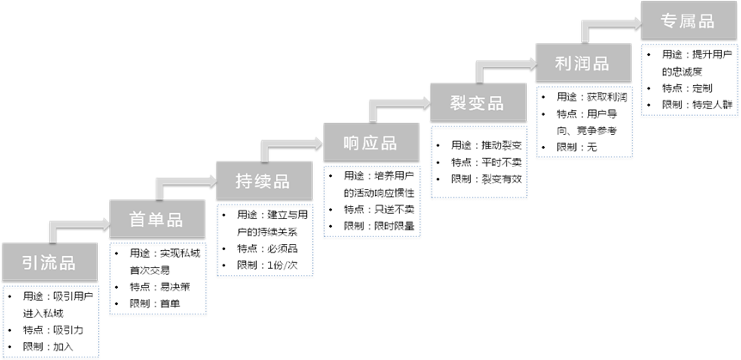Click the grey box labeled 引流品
[x=49, y=262]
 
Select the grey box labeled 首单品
[x=156, y=219]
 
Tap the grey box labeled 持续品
[x=263, y=180]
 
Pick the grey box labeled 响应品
[x=370, y=142]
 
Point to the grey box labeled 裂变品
[x=477, y=102]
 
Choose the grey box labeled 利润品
[x=583, y=63]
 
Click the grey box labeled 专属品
[x=689, y=21]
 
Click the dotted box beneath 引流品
[x=51, y=321]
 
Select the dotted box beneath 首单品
[x=158, y=278]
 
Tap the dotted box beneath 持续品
[x=265, y=240]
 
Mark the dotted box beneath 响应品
[x=372, y=201]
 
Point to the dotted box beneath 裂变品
[x=479, y=162]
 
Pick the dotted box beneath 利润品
[x=585, y=121]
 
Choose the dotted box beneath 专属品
[x=689, y=79]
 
